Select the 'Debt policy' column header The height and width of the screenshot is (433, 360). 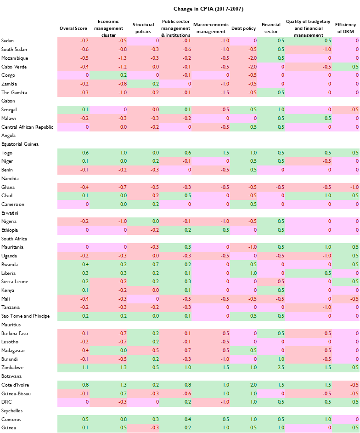tap(243, 28)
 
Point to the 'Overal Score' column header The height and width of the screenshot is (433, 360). tap(73, 28)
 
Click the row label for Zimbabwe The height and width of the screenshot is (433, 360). tap(12, 368)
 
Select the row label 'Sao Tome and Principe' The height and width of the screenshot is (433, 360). tap(25, 316)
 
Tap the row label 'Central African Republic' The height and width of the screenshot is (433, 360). tap(28, 127)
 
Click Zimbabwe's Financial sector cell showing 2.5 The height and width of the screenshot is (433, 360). tap(270, 368)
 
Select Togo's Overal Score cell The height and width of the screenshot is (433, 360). tap(73, 153)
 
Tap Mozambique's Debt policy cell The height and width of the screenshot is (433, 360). tap(243, 58)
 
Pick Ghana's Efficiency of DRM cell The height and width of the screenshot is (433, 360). tap(345, 187)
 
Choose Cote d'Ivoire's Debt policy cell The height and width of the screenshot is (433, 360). tap(243, 385)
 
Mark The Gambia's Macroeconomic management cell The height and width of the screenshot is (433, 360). tap(209, 92)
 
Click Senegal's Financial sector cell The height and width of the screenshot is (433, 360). tap(270, 110)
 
